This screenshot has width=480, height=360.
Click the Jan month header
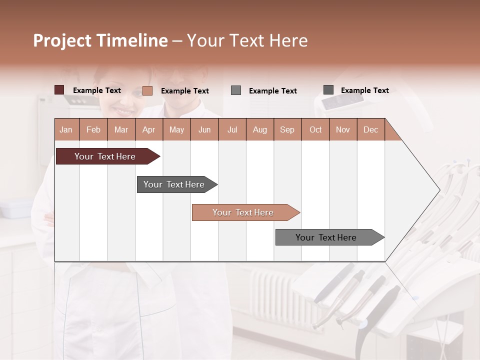pos(66,130)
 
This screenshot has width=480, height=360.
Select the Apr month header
pos(148,130)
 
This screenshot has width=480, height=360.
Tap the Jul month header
pos(232,130)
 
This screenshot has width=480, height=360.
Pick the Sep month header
pos(287,130)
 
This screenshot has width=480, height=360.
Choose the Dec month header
pos(370,130)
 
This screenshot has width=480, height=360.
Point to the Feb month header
pos(93,130)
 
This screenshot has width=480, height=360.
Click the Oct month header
pos(315,130)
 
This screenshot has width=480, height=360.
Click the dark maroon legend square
pos(59,90)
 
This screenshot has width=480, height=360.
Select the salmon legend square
pos(147,90)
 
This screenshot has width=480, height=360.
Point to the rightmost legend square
pos(328,90)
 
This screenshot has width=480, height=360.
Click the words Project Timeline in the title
pos(100,40)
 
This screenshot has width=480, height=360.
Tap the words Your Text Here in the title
pos(247,40)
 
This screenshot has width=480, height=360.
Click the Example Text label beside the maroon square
pos(97,90)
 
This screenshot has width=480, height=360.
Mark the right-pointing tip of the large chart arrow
pos(439,190)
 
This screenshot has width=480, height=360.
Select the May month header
pos(176,130)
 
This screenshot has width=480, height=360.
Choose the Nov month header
pos(343,130)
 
